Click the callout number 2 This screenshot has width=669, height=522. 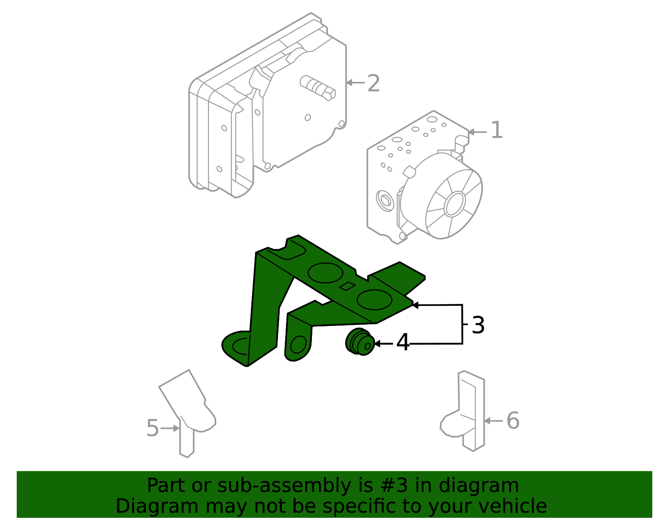click(373, 84)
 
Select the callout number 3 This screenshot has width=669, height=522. click(478, 325)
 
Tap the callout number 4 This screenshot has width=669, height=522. click(403, 343)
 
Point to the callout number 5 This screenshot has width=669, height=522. click(153, 428)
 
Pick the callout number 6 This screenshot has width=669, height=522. click(513, 420)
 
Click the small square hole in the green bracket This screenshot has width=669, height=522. click(347, 286)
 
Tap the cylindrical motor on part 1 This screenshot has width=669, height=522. click(443, 196)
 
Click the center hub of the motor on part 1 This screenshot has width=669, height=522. click(455, 204)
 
